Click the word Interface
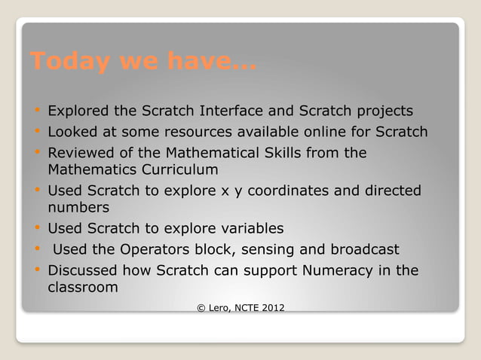point(231,111)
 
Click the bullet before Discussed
point(35,270)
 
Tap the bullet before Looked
point(35,133)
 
